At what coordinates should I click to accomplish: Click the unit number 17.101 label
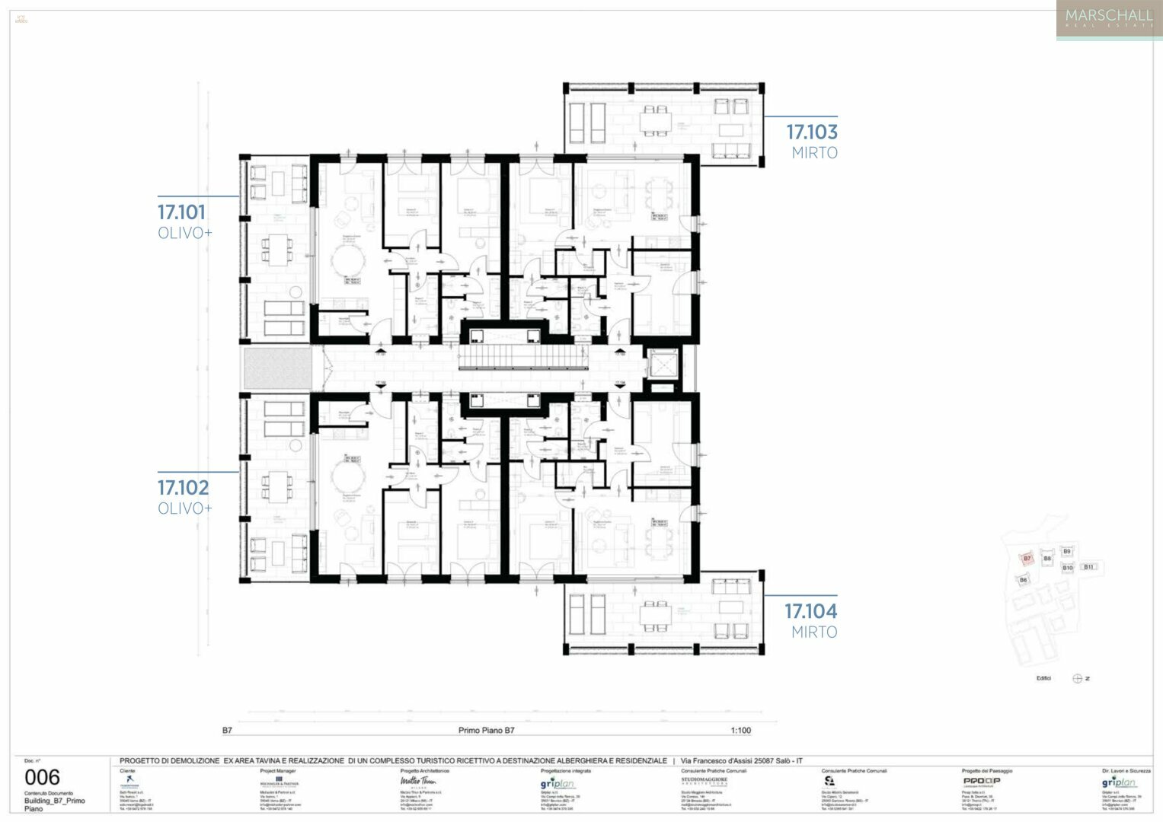coord(181,212)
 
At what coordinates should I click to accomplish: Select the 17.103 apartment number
coord(812,132)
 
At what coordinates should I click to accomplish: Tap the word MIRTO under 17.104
coord(814,632)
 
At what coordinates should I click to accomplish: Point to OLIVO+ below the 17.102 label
coord(184,508)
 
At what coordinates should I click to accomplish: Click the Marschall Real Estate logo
coord(1108,19)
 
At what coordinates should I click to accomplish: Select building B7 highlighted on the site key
coord(1027,559)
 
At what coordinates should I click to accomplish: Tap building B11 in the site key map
coord(1088,567)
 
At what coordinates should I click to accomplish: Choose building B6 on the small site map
coord(1023,580)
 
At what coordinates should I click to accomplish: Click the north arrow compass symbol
coord(1077,678)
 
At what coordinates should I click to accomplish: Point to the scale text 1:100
coord(740,730)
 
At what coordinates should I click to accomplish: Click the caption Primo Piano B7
coord(486,730)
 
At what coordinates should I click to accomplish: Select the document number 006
coord(42,777)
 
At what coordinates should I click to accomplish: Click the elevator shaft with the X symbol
coord(660,365)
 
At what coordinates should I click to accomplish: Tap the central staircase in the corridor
coord(522,356)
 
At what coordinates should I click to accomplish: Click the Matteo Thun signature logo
coord(418,781)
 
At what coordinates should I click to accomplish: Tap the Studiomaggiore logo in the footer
coord(704,781)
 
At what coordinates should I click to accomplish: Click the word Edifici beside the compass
coord(1043,678)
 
